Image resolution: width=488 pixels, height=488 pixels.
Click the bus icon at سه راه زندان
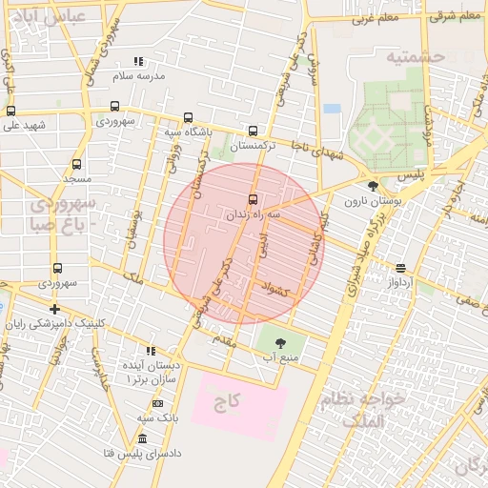pos(253,199)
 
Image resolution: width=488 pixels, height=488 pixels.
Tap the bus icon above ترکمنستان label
pos(253,132)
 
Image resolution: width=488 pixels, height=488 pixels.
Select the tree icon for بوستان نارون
pos(373,186)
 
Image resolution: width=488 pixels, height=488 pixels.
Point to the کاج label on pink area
pos(226,403)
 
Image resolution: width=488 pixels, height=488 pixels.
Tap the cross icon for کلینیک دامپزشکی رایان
pos(55,309)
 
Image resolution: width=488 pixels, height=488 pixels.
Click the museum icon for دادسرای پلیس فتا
pos(142,438)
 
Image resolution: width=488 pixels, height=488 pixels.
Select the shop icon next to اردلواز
pos(399,268)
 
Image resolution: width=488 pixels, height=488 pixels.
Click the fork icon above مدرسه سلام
pos(138,60)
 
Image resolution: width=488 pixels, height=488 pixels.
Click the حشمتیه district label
pos(416,57)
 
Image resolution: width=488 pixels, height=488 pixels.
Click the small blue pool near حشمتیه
pos(332,109)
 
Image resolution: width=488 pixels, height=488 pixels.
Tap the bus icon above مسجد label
pos(77,163)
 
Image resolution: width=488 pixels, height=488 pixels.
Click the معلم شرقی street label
pos(455,16)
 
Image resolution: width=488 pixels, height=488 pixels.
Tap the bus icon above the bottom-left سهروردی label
pos(57,269)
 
